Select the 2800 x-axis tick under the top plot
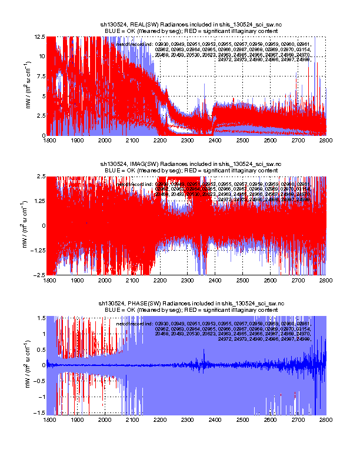coord(326,141)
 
